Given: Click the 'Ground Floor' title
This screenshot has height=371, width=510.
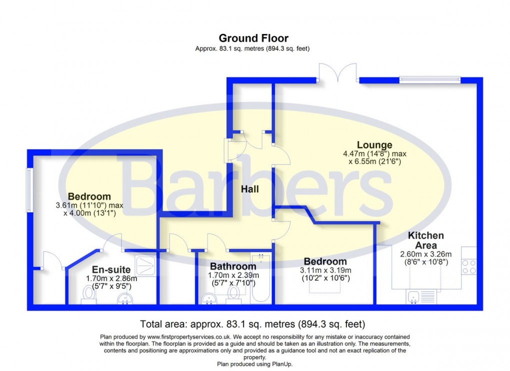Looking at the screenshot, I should (x=253, y=38).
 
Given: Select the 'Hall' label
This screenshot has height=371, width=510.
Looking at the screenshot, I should (x=249, y=189).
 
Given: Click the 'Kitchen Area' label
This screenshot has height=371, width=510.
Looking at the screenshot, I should (x=425, y=240).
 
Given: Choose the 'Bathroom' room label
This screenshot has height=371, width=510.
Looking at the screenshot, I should (x=233, y=266).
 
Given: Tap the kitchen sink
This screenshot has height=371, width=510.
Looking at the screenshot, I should (x=414, y=296).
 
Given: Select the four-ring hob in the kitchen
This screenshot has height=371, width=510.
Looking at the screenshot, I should (x=469, y=266).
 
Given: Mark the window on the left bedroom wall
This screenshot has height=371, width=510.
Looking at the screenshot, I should (x=29, y=190).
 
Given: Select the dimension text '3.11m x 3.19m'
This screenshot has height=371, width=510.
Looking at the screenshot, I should (x=325, y=270).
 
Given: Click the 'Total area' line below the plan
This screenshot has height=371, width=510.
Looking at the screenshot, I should (x=254, y=323).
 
